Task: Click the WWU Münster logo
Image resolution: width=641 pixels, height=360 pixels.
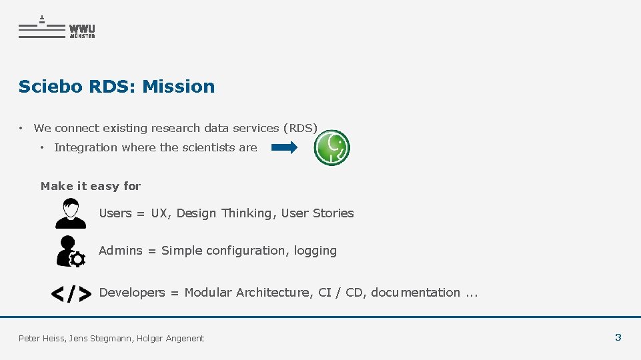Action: click(57, 28)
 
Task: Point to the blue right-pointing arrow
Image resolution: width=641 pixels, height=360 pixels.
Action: click(285, 147)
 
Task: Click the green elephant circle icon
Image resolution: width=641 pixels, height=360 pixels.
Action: click(332, 147)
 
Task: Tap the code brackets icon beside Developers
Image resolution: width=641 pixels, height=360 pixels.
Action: click(71, 293)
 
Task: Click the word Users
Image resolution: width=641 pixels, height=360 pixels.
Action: click(115, 213)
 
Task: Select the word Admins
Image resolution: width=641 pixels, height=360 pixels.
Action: click(121, 251)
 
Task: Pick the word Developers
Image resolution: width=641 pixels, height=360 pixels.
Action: click(131, 293)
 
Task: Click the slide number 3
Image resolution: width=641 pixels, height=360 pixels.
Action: click(618, 337)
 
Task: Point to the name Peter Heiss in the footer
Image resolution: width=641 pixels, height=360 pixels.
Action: click(41, 339)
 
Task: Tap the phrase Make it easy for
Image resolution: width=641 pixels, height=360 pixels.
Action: click(91, 186)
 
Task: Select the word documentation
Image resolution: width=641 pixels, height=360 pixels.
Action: click(415, 293)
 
